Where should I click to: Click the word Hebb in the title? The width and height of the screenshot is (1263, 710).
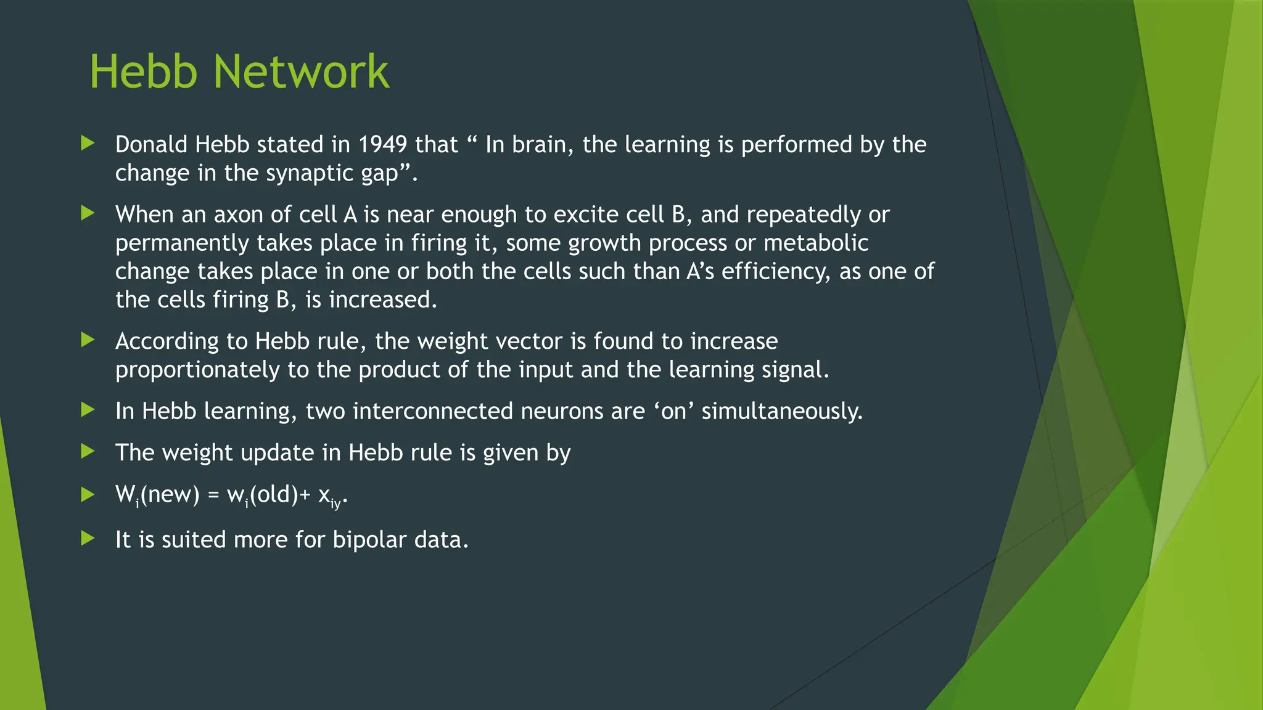[143, 71]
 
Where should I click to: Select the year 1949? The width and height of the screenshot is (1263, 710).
[382, 145]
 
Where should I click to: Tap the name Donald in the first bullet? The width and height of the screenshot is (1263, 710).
[151, 145]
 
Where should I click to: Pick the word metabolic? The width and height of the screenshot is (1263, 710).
[816, 243]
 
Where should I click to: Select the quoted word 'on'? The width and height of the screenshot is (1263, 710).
[673, 411]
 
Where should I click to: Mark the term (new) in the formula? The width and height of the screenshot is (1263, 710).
[170, 494]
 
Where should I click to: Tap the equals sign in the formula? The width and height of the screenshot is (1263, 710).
[213, 495]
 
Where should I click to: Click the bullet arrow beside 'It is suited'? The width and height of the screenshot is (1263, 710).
[88, 539]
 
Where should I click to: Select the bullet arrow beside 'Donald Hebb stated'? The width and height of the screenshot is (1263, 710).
[88, 144]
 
